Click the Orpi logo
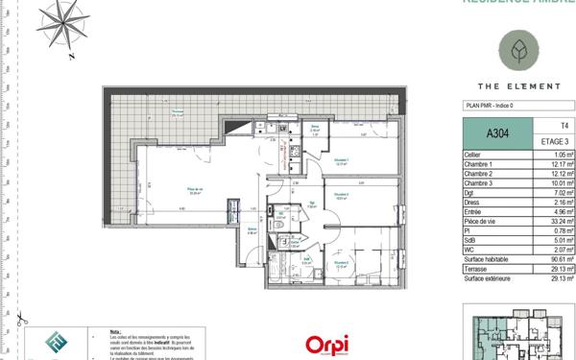(325, 344)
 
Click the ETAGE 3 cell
(550, 142)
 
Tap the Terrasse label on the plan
(177, 112)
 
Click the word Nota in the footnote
(116, 327)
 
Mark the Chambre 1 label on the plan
(341, 161)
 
